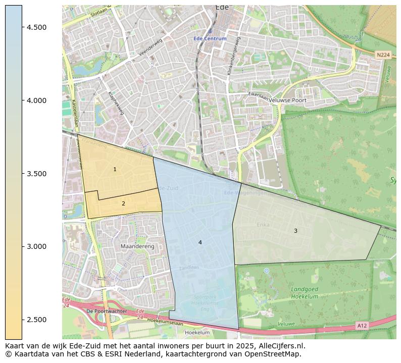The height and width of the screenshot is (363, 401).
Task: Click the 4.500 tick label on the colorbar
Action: (x=37, y=27)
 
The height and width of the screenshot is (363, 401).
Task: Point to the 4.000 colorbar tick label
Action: (x=37, y=100)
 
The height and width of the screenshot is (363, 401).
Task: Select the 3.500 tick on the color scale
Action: (x=37, y=174)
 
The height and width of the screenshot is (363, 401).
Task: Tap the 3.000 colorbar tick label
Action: (x=37, y=246)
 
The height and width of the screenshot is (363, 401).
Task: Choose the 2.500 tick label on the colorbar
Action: (x=37, y=320)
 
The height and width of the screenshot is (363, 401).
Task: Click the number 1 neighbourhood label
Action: (x=115, y=169)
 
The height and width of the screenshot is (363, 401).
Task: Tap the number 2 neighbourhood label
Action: (x=123, y=203)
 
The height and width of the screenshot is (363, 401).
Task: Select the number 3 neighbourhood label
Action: (x=295, y=231)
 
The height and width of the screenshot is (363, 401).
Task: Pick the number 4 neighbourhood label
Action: (x=200, y=242)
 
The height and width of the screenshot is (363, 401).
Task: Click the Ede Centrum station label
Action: (x=210, y=39)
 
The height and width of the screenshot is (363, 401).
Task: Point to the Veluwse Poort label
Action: (x=288, y=100)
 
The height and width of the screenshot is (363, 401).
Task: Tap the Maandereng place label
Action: (x=137, y=246)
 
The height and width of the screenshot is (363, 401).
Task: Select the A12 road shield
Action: (x=362, y=326)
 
